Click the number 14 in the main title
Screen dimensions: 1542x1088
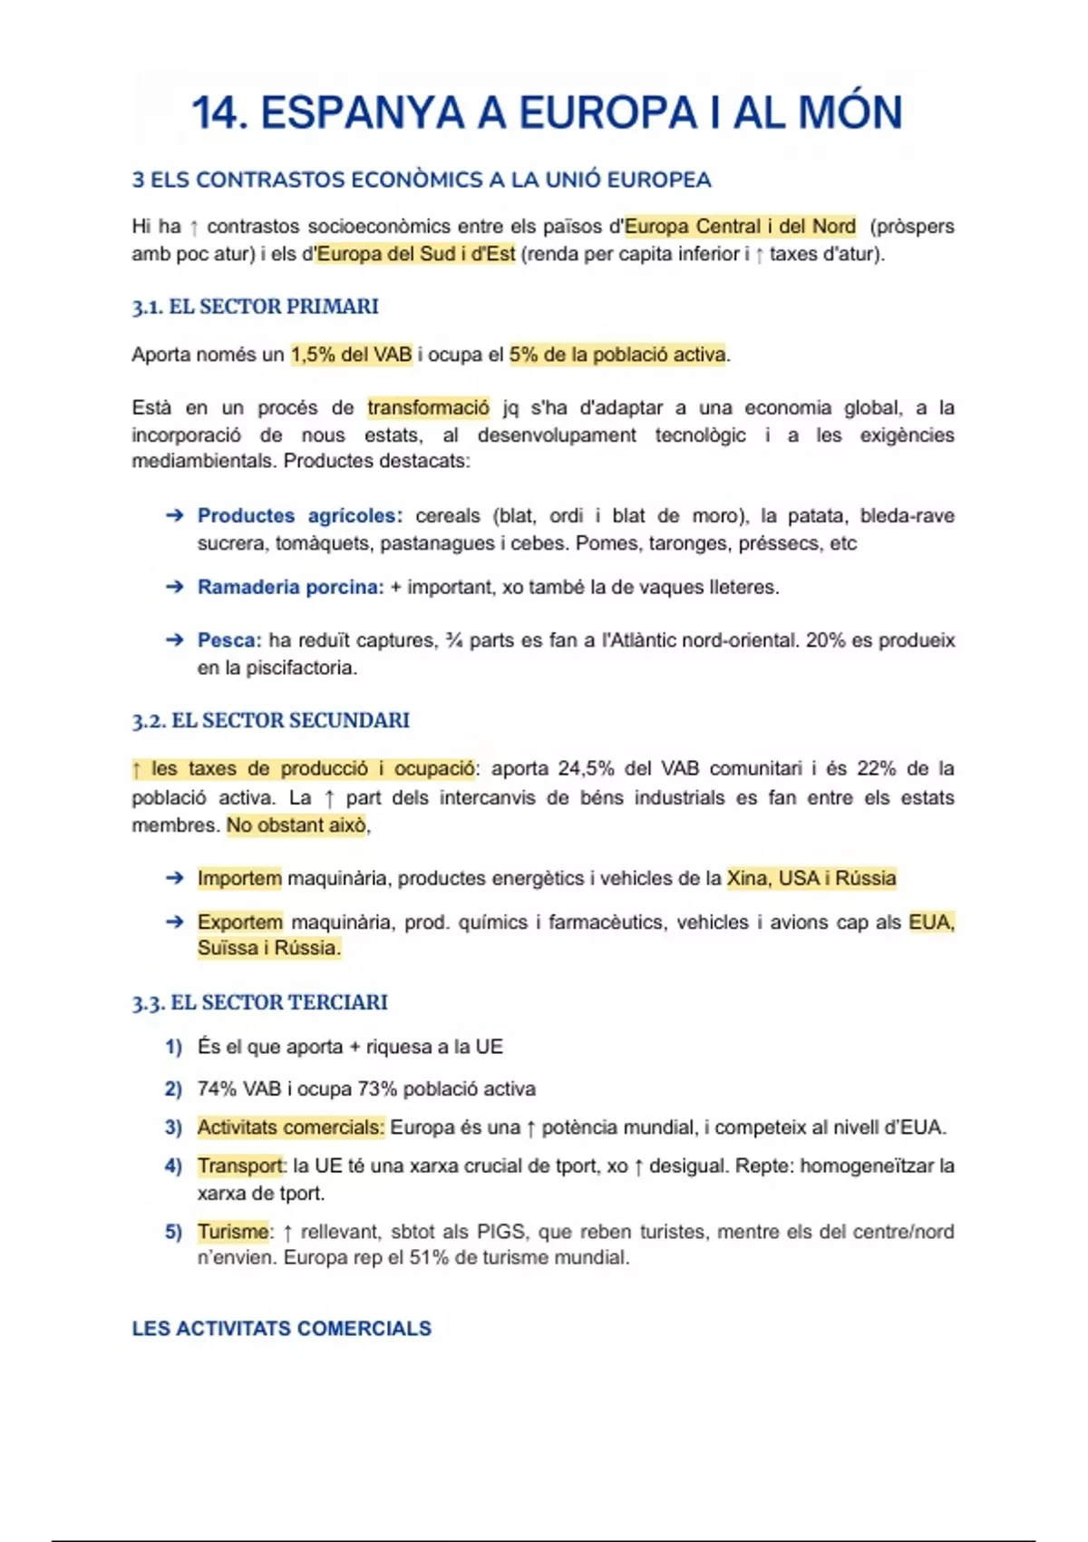pos(219,113)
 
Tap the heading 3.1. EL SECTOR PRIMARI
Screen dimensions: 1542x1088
pos(255,307)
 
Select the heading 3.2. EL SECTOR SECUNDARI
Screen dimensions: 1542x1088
pos(270,720)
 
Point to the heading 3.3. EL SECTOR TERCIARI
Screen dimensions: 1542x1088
pos(259,1002)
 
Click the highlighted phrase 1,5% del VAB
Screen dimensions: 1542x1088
pos(352,355)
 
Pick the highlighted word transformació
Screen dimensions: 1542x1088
pos(428,408)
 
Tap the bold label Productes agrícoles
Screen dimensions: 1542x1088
pos(299,516)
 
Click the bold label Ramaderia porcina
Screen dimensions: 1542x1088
pos(290,588)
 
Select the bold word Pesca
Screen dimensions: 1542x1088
pos(228,640)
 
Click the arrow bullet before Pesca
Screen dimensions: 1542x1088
pos(175,640)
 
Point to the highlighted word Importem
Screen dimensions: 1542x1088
pos(239,878)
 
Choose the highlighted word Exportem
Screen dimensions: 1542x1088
pos(240,922)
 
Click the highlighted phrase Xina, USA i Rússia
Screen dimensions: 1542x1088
pos(811,878)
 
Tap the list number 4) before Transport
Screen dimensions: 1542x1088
pos(173,1166)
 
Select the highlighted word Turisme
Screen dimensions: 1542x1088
pos(233,1232)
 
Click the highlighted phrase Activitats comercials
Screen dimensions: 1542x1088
pos(290,1127)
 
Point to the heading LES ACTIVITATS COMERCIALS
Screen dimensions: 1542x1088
pos(281,1329)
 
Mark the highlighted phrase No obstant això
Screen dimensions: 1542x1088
pos(296,825)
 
